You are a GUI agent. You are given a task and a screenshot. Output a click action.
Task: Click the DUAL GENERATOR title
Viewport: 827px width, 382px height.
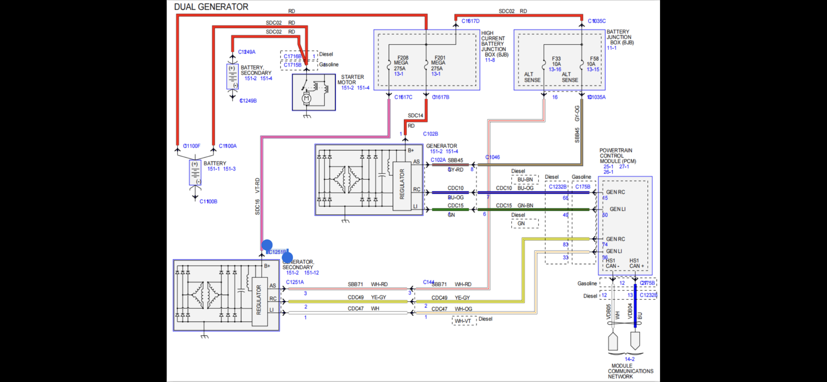click(x=211, y=7)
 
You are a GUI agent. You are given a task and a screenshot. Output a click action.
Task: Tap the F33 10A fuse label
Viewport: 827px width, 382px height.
click(x=556, y=61)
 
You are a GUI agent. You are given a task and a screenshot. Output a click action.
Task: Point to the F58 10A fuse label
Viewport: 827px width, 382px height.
click(x=594, y=61)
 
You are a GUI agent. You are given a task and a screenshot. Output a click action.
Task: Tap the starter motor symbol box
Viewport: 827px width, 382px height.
click(x=314, y=92)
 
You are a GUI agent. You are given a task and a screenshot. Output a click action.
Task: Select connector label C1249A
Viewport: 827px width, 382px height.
click(x=247, y=52)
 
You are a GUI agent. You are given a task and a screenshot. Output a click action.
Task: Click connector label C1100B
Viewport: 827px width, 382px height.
click(x=208, y=201)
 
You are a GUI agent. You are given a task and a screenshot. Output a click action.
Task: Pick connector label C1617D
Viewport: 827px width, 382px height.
click(x=470, y=21)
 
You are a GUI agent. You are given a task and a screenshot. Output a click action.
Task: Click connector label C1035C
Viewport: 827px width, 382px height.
click(x=597, y=21)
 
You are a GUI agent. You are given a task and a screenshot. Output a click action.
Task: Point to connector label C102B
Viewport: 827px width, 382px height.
click(x=430, y=134)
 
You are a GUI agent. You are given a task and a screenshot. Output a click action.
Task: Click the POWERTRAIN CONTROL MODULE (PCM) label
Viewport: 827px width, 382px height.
click(x=617, y=156)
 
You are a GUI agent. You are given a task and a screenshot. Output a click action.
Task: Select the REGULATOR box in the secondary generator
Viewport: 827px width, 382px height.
click(x=259, y=300)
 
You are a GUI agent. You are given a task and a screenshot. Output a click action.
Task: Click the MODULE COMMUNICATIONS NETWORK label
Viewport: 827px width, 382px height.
click(x=630, y=371)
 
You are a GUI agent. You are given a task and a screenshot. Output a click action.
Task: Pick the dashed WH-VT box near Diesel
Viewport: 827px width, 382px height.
click(x=464, y=321)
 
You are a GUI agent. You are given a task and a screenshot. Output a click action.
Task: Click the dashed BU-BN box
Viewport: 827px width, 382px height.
click(x=525, y=179)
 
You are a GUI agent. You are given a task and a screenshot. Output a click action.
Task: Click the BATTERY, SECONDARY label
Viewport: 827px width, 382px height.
click(x=256, y=70)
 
